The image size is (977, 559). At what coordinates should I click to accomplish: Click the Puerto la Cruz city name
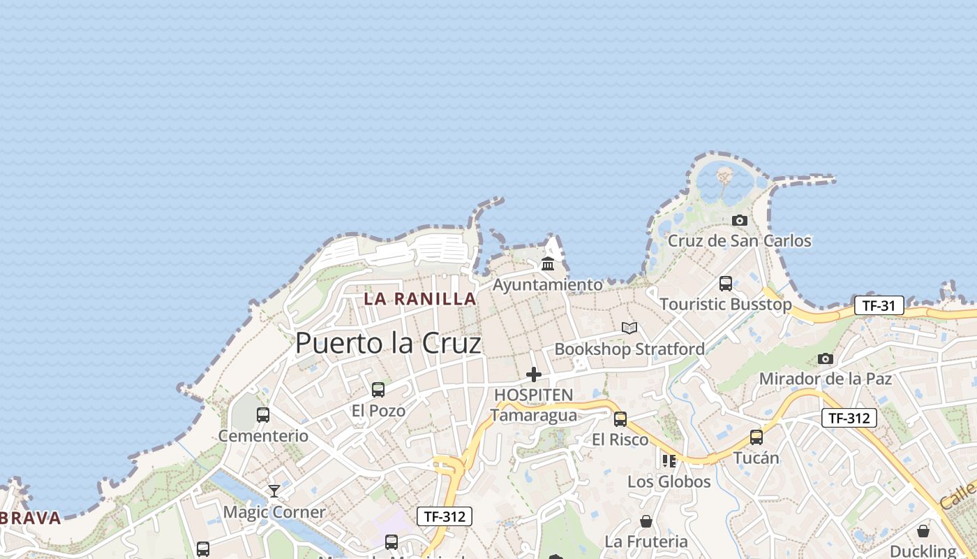388,343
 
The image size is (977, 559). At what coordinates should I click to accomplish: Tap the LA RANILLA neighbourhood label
420,298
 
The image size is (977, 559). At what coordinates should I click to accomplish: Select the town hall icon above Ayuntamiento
548,264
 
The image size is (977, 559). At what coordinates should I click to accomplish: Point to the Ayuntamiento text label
548,285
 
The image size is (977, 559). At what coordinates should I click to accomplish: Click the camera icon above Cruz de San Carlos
740,220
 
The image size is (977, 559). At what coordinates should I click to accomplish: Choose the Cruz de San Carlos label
740,241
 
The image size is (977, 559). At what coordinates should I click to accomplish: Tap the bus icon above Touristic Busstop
726,283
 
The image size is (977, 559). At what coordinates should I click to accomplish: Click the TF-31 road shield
879,305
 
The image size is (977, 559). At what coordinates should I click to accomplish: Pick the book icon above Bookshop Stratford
629,328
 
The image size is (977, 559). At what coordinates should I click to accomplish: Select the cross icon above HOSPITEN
534,375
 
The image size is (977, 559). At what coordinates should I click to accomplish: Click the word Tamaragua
534,415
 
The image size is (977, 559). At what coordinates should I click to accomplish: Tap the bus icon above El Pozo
378,389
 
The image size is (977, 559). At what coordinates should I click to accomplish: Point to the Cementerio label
263,436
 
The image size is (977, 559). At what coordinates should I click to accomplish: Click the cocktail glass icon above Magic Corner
274,491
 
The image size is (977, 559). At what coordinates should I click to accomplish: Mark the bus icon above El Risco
620,419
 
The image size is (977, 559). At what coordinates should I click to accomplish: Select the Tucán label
756,458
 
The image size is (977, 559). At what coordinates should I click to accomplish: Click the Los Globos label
669,481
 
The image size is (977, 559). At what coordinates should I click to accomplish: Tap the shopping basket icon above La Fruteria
646,521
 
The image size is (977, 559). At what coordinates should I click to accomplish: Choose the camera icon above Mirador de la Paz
826,358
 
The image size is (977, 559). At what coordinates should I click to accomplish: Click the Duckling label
923,551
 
